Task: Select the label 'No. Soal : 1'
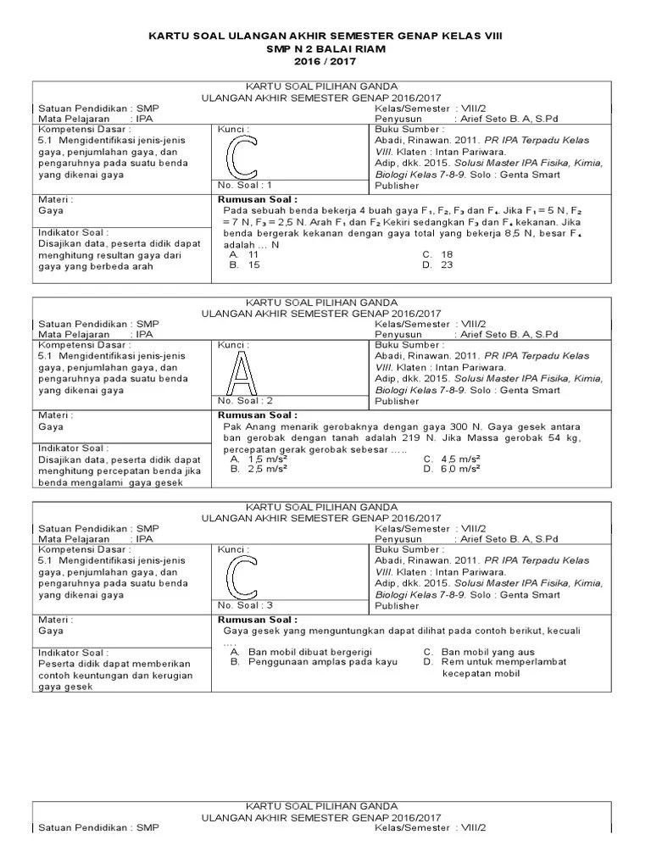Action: (245, 184)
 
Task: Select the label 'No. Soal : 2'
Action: (245, 400)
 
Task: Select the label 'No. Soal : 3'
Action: (245, 605)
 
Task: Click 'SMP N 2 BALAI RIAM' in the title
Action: (325, 50)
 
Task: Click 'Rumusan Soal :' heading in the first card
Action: (252, 198)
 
